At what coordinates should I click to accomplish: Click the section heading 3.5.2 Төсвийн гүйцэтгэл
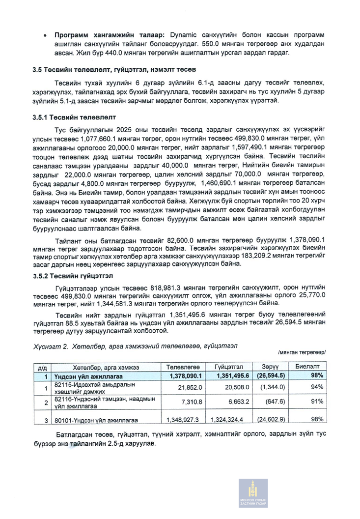73,275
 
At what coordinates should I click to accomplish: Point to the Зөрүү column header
270,367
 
